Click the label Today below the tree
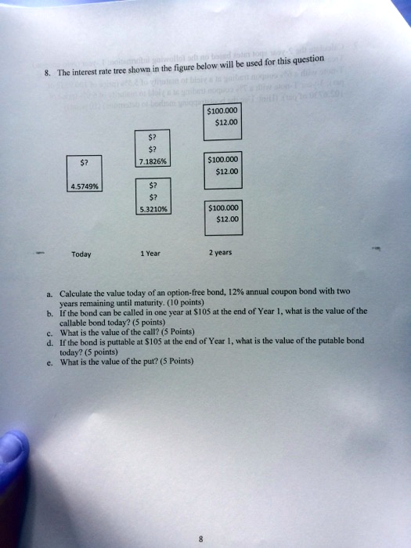[x=81, y=254]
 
